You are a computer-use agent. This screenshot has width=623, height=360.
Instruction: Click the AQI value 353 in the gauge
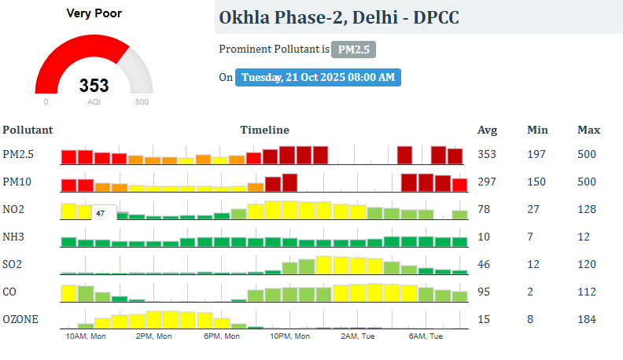pos(94,86)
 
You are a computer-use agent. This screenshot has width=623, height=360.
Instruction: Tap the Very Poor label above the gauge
pos(94,13)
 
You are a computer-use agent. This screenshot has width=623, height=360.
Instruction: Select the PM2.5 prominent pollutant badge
pos(353,50)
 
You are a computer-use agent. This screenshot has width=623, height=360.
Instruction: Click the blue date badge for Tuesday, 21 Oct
pos(318,77)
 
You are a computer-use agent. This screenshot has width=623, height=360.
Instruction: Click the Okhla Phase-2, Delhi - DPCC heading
pos(340,17)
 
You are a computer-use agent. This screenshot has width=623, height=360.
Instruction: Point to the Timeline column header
pos(264,130)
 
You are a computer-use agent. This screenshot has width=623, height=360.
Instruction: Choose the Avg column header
pos(488,130)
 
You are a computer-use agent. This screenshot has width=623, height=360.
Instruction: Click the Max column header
pos(589,130)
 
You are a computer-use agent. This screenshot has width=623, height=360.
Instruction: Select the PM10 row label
pos(17,182)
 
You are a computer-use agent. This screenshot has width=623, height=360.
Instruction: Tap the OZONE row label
pos(20,319)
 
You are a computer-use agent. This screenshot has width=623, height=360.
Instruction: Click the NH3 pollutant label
pos(15,237)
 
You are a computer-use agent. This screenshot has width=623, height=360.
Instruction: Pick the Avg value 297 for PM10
pos(487,182)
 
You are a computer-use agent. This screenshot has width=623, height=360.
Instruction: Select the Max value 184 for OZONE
pos(587,319)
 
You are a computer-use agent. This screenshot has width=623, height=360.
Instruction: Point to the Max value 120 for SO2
pos(587,264)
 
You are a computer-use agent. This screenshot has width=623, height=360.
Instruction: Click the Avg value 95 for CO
pos(485,292)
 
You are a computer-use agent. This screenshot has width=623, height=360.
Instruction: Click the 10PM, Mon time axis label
pos(289,336)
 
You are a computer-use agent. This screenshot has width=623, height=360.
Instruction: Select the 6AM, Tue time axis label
pos(426,336)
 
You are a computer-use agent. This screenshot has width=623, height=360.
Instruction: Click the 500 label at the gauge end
pos(142,101)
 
